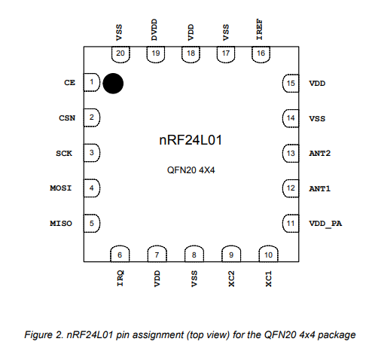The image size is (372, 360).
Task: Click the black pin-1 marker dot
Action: pyautogui.click(x=113, y=84)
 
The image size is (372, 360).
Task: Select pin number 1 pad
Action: pyautogui.click(x=92, y=82)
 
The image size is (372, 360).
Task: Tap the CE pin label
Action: pyautogui.click(x=69, y=83)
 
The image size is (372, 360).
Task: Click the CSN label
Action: pyautogui.click(x=67, y=118)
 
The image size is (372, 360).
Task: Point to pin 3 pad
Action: pyautogui.click(x=92, y=153)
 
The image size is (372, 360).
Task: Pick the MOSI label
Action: pyautogui.click(x=61, y=188)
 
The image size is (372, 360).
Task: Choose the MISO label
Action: pyautogui.click(x=61, y=224)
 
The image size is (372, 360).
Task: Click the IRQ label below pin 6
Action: pyautogui.click(x=120, y=278)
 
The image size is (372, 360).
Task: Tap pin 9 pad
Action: pyautogui.click(x=231, y=254)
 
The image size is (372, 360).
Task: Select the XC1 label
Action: pyautogui.click(x=268, y=279)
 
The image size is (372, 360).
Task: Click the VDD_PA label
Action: pyautogui.click(x=325, y=224)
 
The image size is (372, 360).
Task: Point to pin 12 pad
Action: pyautogui.click(x=291, y=188)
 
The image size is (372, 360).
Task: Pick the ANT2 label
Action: pyautogui.click(x=320, y=154)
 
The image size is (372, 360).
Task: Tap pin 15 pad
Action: pyautogui.click(x=291, y=83)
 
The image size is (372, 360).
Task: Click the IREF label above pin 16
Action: pyautogui.click(x=259, y=29)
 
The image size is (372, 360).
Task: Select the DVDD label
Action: pyautogui.click(x=154, y=29)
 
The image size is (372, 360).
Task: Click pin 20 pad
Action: pyautogui.click(x=120, y=54)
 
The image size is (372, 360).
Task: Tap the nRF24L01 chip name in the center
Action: pyautogui.click(x=191, y=140)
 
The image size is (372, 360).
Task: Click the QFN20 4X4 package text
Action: pyautogui.click(x=191, y=170)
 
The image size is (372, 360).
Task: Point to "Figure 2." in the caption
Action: pyautogui.click(x=44, y=335)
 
